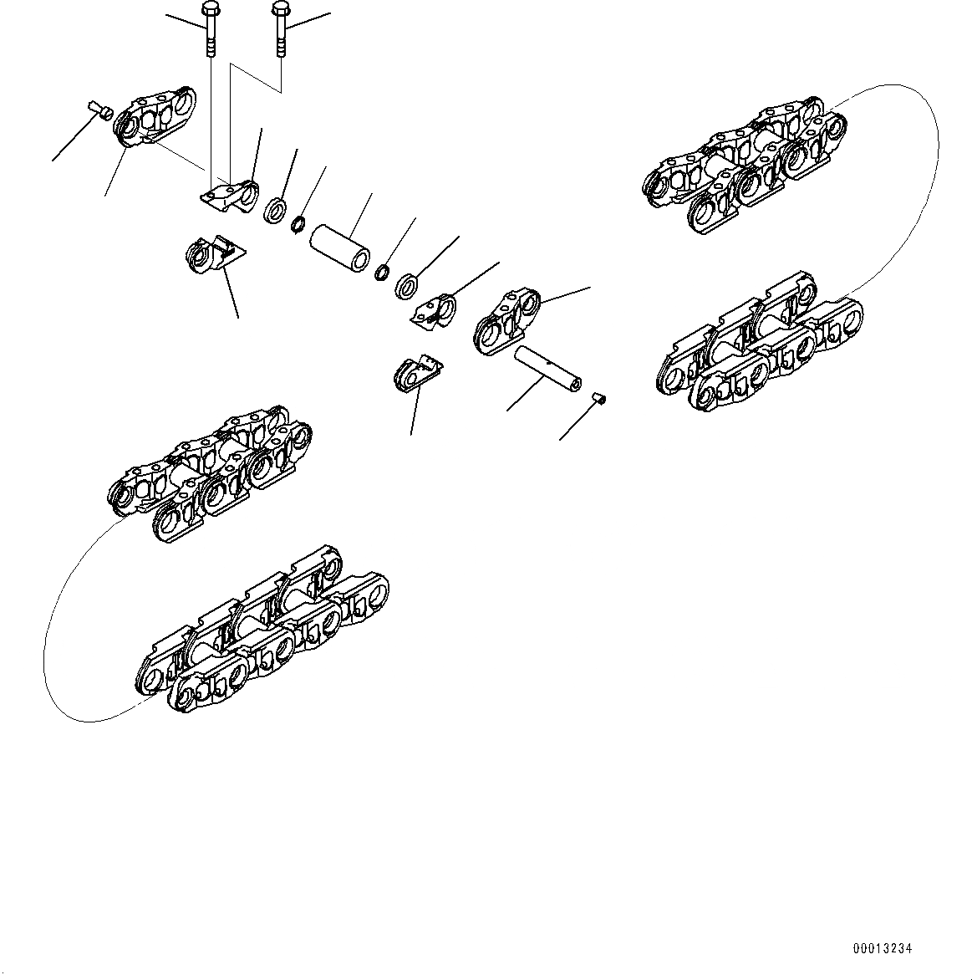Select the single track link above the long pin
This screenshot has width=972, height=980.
click(506, 322)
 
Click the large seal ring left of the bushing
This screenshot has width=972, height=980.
click(274, 209)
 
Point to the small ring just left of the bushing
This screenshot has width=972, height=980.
click(297, 224)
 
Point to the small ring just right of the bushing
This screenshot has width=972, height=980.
click(384, 271)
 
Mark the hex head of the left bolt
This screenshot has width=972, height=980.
click(209, 12)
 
